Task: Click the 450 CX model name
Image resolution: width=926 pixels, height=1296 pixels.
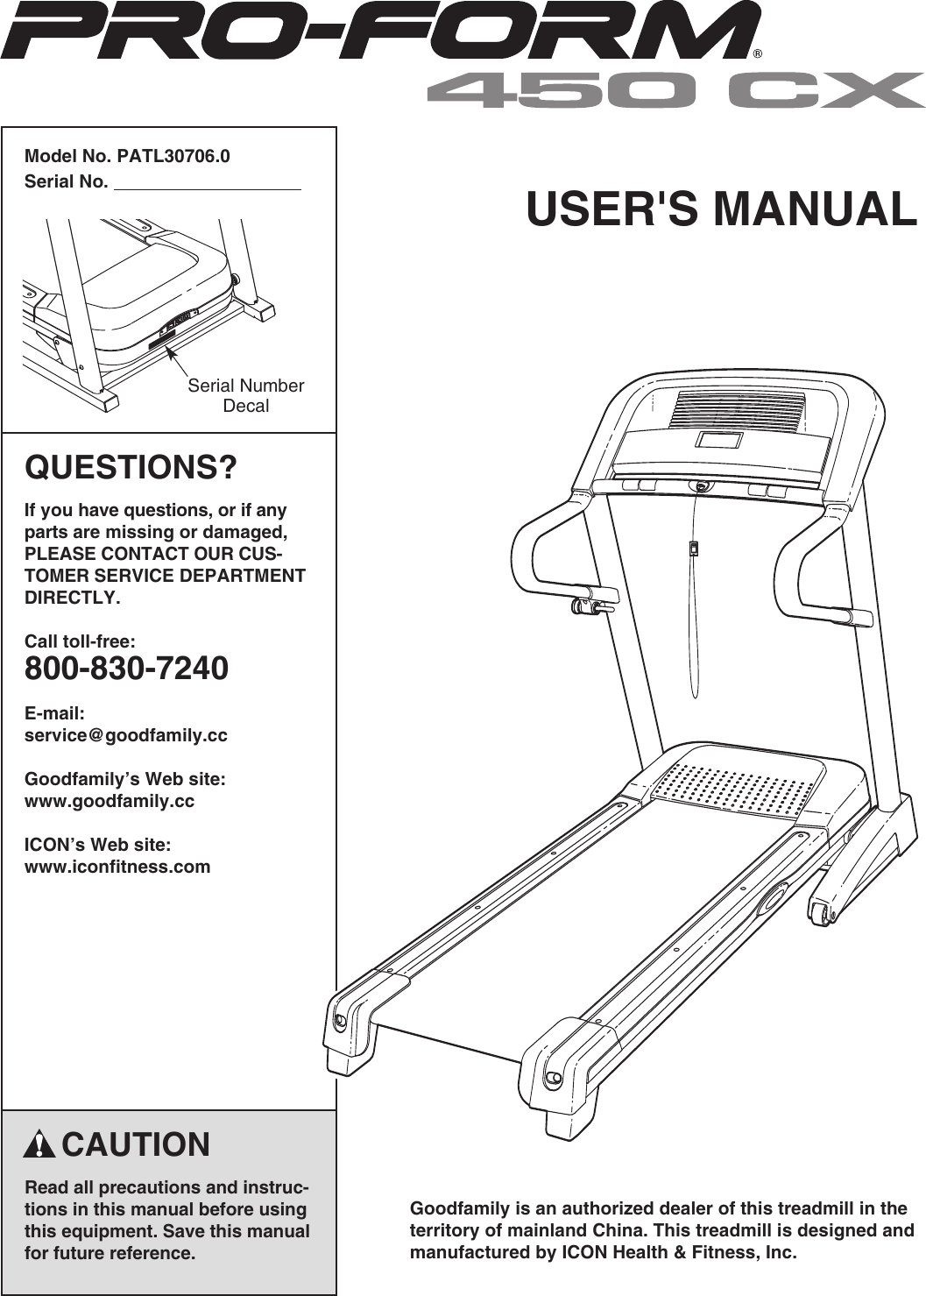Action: point(675,90)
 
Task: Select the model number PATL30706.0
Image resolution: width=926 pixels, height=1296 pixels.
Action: point(173,157)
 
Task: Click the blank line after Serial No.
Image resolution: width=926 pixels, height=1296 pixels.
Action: point(208,183)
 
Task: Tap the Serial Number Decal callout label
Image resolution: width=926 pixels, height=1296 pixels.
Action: point(246,395)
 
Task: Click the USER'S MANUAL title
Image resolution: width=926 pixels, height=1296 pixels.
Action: point(721,209)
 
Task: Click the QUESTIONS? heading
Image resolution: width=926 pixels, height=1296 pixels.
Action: point(131,467)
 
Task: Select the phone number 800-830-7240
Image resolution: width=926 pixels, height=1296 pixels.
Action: point(126,669)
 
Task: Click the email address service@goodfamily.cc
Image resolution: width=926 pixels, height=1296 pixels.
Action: point(125,735)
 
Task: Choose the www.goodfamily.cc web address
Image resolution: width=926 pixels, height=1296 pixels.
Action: point(110,801)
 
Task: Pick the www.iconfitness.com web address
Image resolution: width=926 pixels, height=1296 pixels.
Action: point(117,867)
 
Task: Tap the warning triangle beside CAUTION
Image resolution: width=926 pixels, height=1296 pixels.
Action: point(40,1144)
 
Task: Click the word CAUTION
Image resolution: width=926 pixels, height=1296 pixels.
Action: point(136,1144)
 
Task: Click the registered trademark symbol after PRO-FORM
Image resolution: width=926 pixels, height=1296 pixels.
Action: point(758,54)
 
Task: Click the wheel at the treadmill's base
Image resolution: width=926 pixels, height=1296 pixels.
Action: point(823,914)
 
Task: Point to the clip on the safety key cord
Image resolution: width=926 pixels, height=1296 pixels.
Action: point(694,549)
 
